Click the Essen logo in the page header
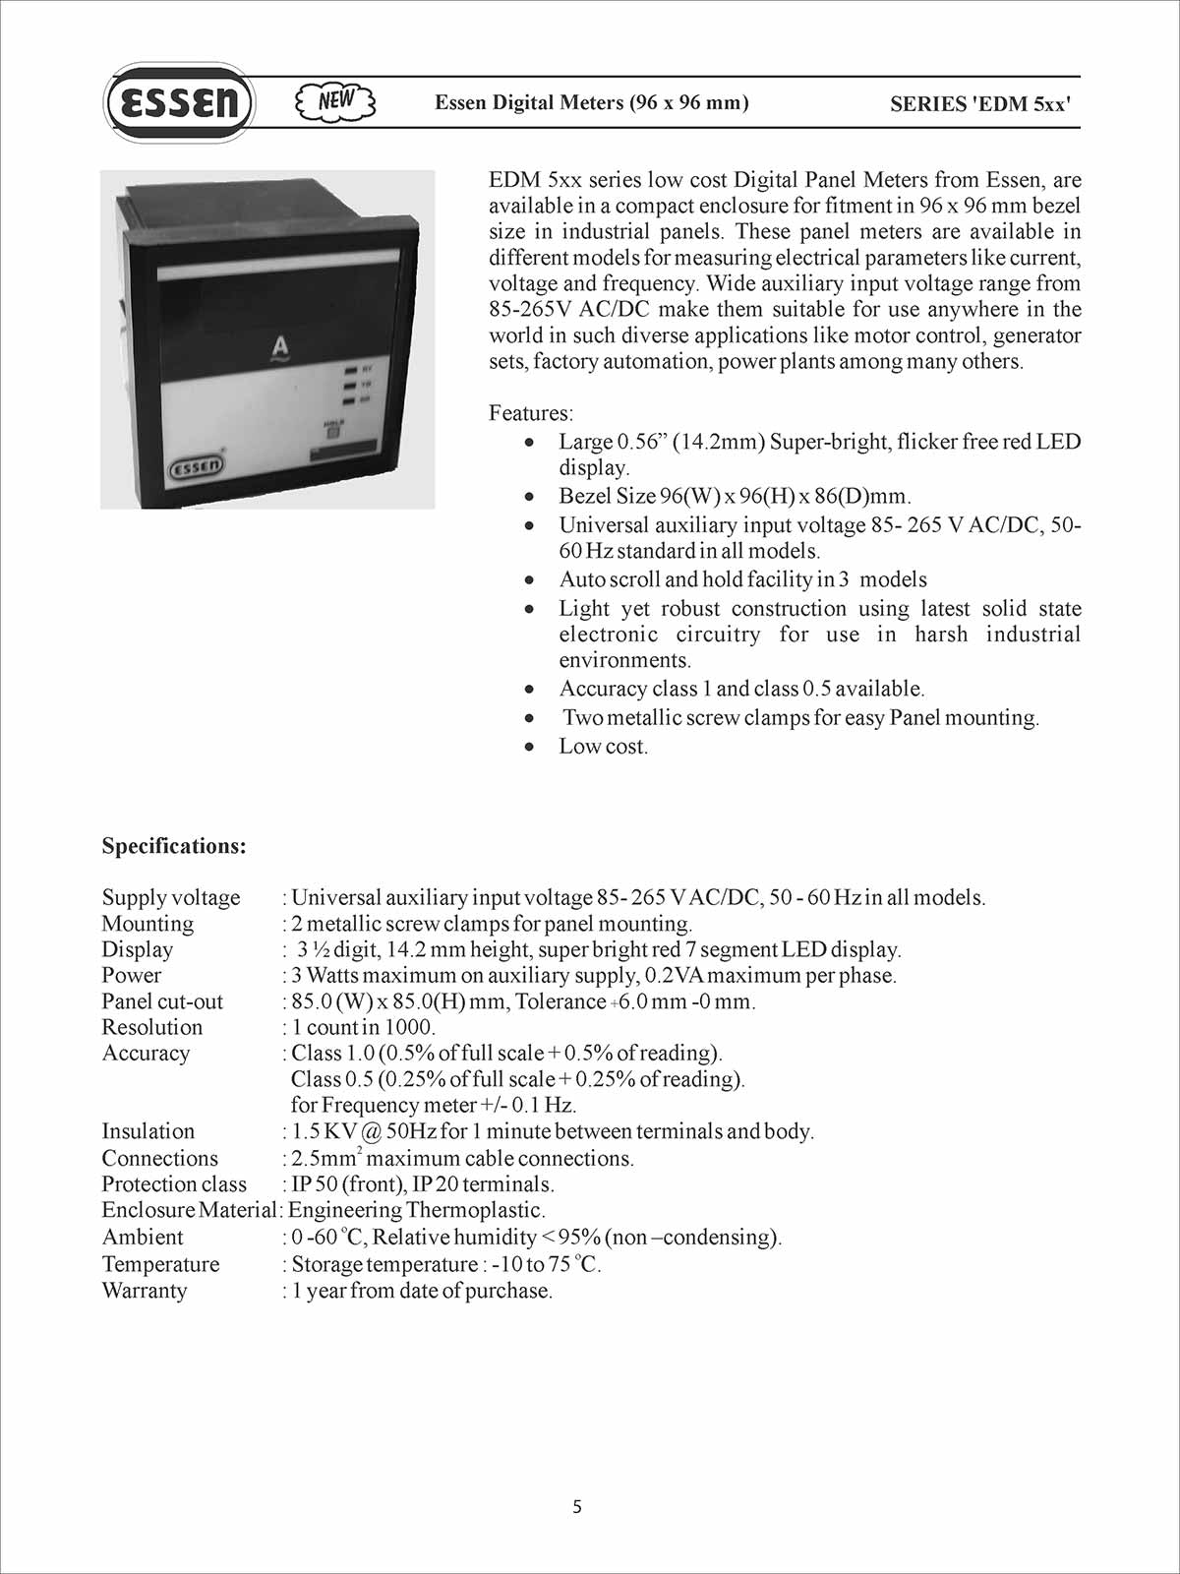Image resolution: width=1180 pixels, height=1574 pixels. click(x=178, y=102)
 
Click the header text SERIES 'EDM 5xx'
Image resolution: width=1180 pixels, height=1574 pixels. click(x=979, y=104)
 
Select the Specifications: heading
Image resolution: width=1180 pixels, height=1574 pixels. click(x=174, y=846)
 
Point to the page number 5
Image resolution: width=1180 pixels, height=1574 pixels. click(x=577, y=1507)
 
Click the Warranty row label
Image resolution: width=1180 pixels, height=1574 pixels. click(x=145, y=1291)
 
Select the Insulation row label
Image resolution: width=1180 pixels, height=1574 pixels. click(x=148, y=1131)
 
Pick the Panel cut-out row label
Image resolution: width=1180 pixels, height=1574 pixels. click(x=162, y=1001)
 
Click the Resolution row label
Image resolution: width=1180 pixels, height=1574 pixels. click(x=152, y=1027)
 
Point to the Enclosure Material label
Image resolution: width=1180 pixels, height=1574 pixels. click(x=189, y=1210)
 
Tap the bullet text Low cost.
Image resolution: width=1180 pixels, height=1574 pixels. click(x=604, y=747)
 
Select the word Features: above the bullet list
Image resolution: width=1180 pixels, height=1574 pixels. click(x=531, y=413)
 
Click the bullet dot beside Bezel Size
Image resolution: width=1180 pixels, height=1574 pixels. click(x=530, y=497)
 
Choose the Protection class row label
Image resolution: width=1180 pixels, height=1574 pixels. click(x=174, y=1184)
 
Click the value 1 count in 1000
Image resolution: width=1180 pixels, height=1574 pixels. click(x=363, y=1027)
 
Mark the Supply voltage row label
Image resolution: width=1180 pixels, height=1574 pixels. click(x=171, y=897)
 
